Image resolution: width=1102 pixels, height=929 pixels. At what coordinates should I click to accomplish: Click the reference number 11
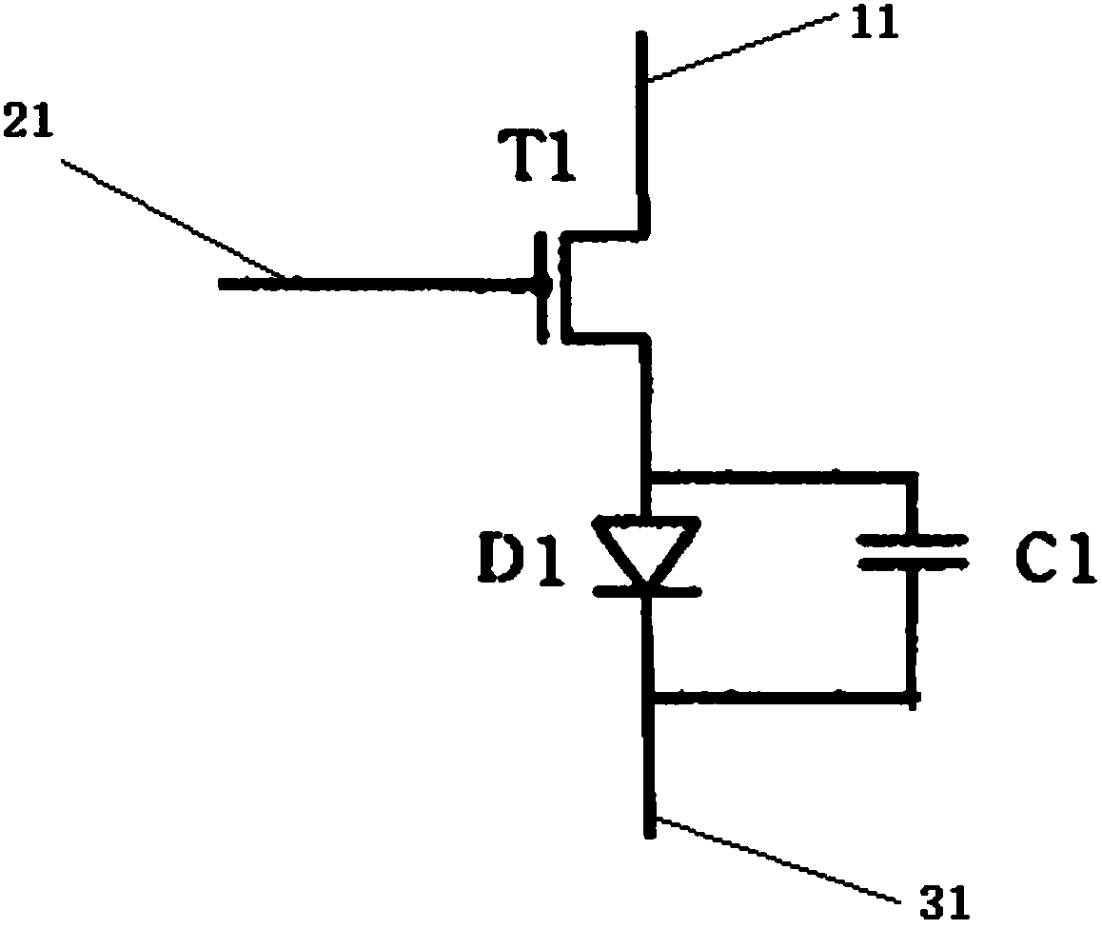(x=875, y=24)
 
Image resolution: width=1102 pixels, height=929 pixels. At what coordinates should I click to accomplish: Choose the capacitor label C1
(x=1051, y=560)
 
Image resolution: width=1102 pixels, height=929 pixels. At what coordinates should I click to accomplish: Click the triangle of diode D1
(x=648, y=547)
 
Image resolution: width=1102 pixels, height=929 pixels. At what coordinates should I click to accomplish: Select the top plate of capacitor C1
(x=914, y=539)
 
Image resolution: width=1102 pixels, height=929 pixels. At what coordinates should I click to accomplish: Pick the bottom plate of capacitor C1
(x=914, y=563)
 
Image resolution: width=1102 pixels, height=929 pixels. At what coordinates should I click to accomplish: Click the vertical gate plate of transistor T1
(x=542, y=286)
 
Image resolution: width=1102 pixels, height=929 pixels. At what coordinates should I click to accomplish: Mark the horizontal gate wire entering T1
(x=381, y=283)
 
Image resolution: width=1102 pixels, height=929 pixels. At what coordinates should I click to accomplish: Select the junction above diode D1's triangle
(x=649, y=472)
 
